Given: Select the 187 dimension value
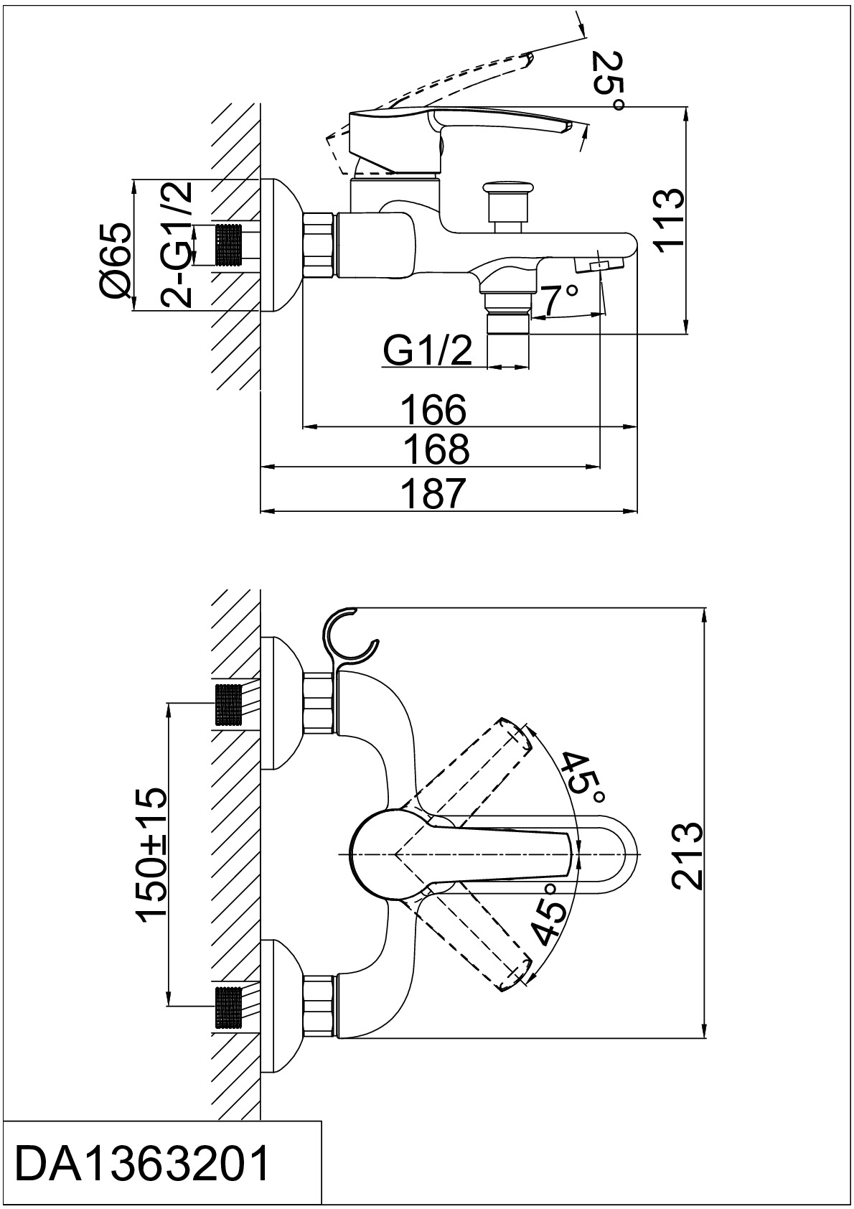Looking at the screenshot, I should coord(433,493).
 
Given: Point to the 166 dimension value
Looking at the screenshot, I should coord(433,411).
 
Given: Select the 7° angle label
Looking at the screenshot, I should coord(560,300).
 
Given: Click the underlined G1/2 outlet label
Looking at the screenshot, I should coord(428,351).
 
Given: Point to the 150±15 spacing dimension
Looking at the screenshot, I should coord(152,855).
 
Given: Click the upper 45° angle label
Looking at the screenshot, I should coord(583,779).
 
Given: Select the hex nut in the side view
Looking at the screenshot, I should coord(320,244).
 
